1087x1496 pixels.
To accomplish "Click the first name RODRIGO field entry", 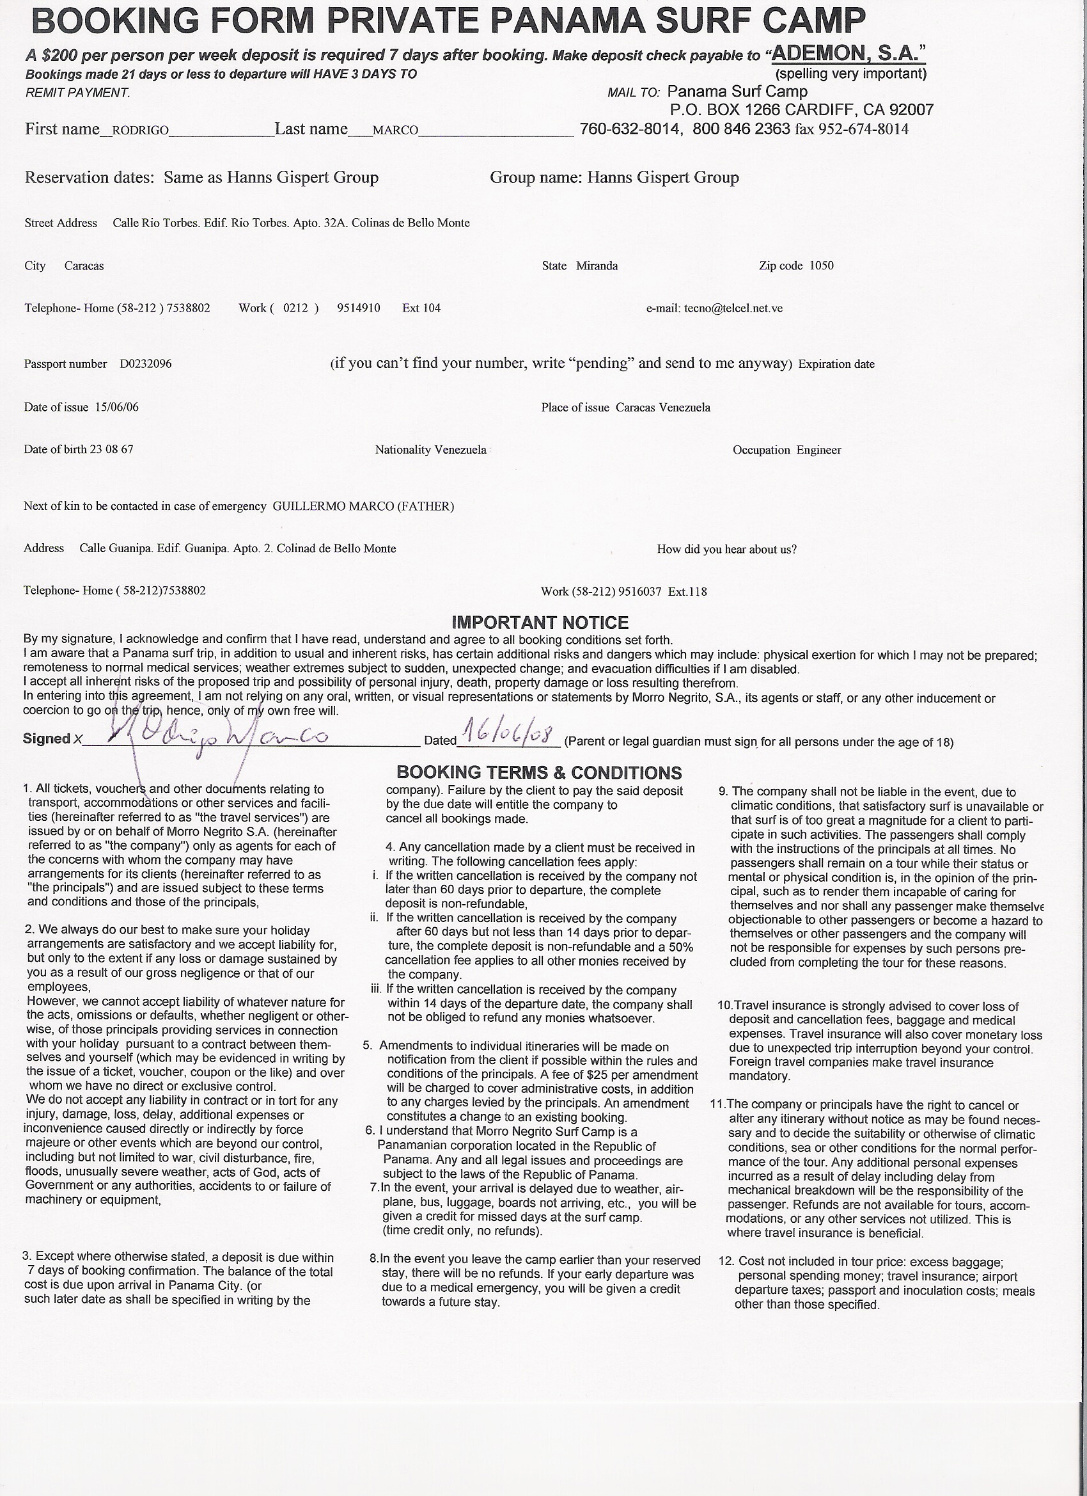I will [x=141, y=131].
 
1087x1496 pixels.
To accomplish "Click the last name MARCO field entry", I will [x=395, y=131].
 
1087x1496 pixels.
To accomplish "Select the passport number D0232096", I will [x=146, y=364].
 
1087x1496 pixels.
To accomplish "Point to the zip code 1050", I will [x=822, y=266].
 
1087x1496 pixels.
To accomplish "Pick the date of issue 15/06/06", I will [x=116, y=407].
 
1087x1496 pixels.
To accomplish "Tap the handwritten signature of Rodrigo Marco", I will [x=217, y=736].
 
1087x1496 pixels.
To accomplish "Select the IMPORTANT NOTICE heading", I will [x=540, y=623].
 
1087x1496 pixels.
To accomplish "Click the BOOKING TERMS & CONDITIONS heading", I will [x=538, y=772].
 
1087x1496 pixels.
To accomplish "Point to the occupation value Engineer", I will [x=818, y=450].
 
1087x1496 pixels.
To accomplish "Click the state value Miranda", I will [x=597, y=266].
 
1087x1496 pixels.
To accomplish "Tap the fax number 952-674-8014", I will [x=864, y=129].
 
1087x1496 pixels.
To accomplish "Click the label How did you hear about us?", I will [x=726, y=549].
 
